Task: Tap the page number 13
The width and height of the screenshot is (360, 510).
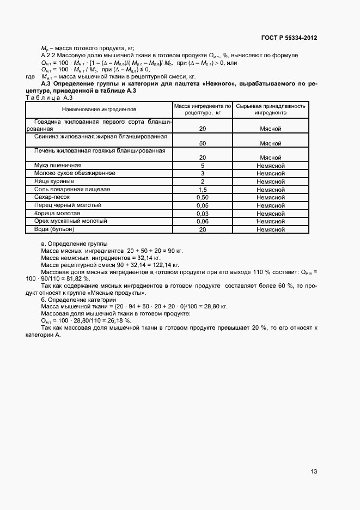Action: (x=314, y=472)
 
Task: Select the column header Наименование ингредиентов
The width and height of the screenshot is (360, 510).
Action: (x=99, y=110)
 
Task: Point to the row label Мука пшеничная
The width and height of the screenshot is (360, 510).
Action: (x=58, y=165)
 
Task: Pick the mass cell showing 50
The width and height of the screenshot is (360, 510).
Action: (x=202, y=143)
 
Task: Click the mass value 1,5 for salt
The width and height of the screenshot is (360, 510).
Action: (x=202, y=189)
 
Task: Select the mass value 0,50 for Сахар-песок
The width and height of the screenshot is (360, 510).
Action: (x=202, y=197)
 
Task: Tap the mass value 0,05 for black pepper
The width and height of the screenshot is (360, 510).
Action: (x=202, y=205)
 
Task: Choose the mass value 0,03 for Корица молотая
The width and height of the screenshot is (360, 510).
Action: (x=202, y=214)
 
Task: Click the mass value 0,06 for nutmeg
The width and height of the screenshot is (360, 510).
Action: (x=202, y=222)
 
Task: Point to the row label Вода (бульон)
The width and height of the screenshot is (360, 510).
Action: (x=54, y=229)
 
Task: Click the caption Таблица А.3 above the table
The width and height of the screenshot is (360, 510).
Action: (x=46, y=98)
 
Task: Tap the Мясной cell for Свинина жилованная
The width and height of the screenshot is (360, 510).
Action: (x=271, y=143)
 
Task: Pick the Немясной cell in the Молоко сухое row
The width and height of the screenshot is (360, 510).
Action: (x=271, y=173)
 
